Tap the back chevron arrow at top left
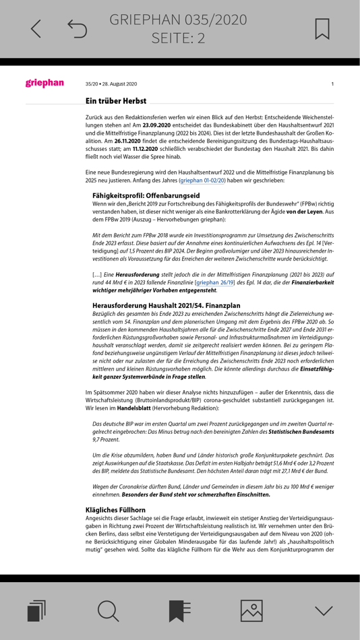tap(36, 28)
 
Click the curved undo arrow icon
tap(78, 29)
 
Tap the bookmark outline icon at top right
tap(322, 28)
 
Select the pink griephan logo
tap(44, 83)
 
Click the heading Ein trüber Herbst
tap(115, 101)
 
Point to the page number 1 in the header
tap(332, 84)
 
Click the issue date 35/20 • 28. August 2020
tap(111, 84)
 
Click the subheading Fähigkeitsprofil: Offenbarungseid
tap(146, 195)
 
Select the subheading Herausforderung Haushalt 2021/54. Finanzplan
tap(166, 305)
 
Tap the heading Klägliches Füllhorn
tap(115, 510)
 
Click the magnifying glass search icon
tap(108, 610)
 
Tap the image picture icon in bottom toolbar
tap(251, 610)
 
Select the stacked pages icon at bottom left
tap(36, 610)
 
